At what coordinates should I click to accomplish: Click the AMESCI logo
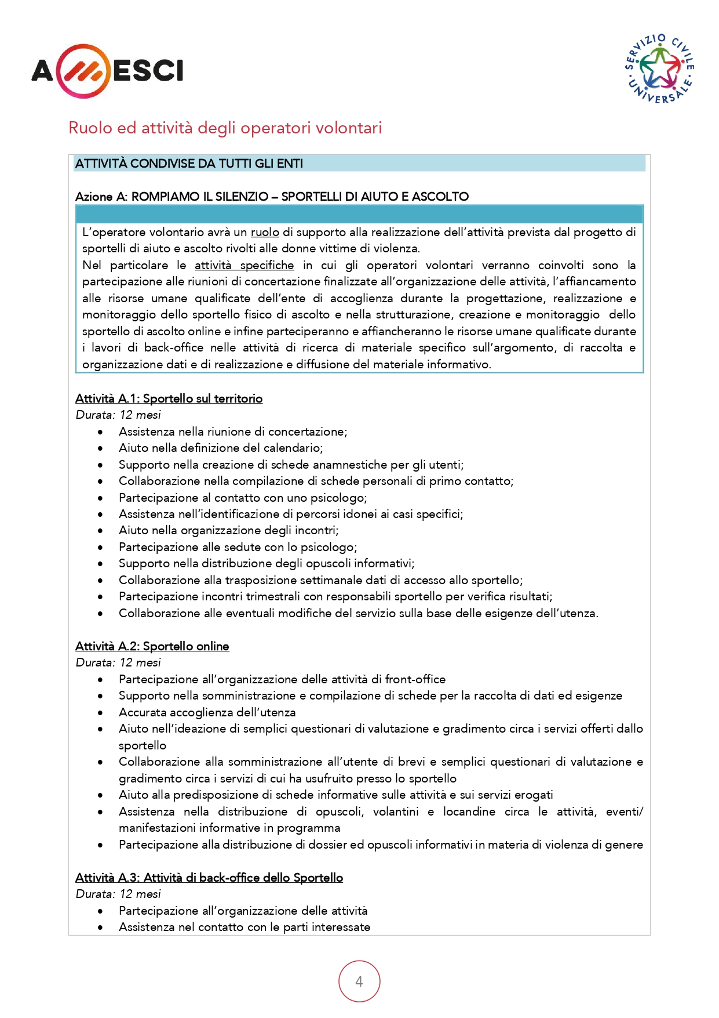click(x=107, y=71)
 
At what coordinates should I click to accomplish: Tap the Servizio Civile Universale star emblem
click(x=659, y=68)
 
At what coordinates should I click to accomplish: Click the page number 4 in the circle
click(x=359, y=981)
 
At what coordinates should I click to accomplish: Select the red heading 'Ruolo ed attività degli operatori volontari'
click(x=225, y=128)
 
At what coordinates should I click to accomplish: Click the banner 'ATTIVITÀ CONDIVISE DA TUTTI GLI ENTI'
click(x=189, y=164)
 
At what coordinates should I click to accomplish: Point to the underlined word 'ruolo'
click(x=265, y=233)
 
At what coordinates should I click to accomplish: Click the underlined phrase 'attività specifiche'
click(x=244, y=266)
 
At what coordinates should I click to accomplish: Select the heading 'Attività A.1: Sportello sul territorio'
click(x=169, y=398)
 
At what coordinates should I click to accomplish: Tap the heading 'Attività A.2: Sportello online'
click(x=152, y=646)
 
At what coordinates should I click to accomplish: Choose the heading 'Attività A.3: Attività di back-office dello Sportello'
click(x=209, y=878)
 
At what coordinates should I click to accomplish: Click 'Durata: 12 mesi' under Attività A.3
click(x=118, y=894)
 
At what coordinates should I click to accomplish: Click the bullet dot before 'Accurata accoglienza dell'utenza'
click(x=101, y=713)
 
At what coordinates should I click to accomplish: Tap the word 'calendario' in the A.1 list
click(x=293, y=448)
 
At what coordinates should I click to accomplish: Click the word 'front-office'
click(x=415, y=679)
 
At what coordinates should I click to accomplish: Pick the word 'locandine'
click(x=469, y=811)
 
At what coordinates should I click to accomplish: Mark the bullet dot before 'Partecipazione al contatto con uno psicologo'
click(x=101, y=498)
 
